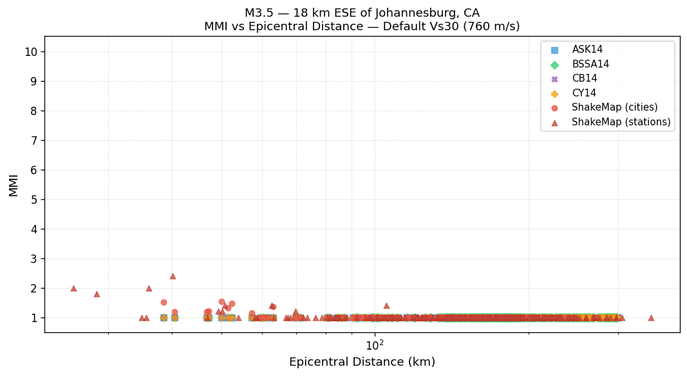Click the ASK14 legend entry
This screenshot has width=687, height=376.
point(587,49)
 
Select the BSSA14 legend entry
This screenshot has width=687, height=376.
point(590,64)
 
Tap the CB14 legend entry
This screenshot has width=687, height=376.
point(584,78)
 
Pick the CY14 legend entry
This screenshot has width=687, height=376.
point(584,93)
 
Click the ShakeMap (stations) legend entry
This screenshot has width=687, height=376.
point(621,122)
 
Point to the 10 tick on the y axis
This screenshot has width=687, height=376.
point(30,51)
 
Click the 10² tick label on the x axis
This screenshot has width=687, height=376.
point(375,346)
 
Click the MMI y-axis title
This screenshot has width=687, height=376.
point(14,184)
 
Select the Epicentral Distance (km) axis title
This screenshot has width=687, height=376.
point(362,362)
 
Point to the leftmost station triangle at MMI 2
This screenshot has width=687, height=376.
point(73,288)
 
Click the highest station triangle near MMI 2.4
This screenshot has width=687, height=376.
point(173,276)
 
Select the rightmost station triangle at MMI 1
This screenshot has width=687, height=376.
point(651,318)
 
